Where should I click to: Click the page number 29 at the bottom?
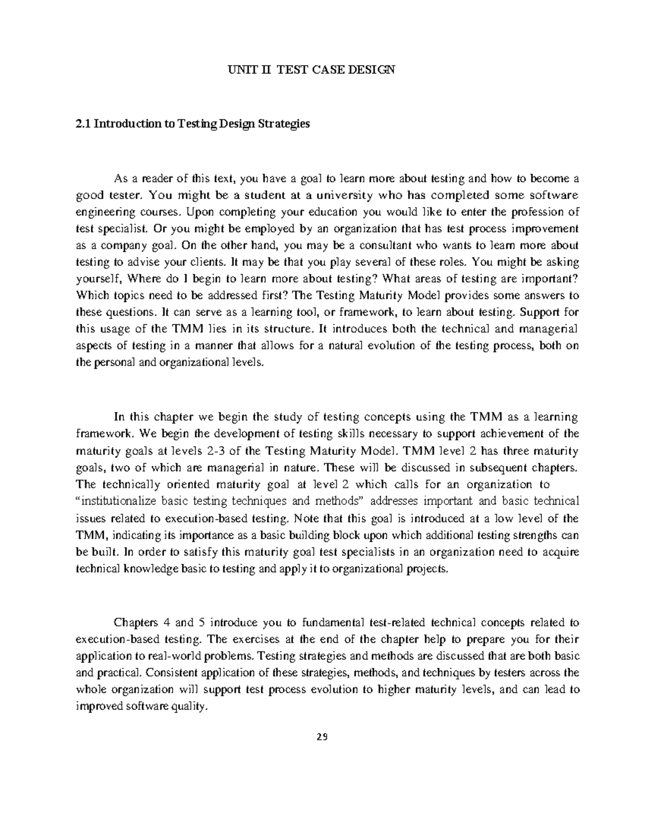[322, 737]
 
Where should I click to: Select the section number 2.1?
[82, 124]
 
